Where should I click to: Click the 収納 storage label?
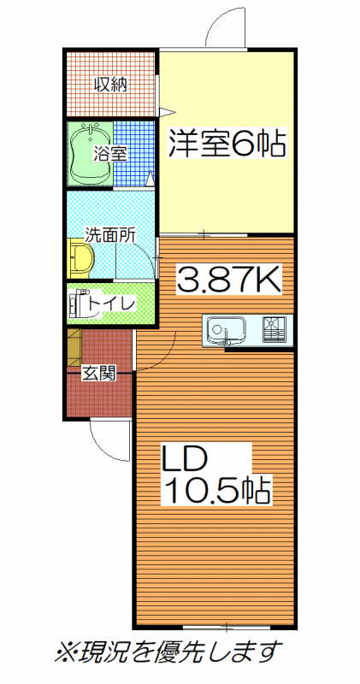[x=111, y=84]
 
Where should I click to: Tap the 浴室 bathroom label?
[x=109, y=154]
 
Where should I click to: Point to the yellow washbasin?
[x=81, y=258]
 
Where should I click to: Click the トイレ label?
[x=111, y=304]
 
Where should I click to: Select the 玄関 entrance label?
[x=99, y=373]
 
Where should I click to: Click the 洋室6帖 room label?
[x=227, y=143]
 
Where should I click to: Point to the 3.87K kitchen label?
[x=228, y=280]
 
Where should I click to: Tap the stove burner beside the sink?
[x=274, y=328]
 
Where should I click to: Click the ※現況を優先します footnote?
[x=166, y=652]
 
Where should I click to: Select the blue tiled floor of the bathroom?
[x=134, y=154]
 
